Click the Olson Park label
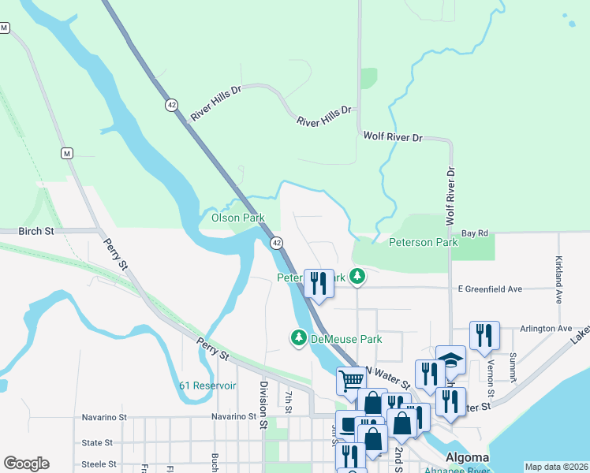coord(237,218)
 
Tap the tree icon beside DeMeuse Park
coord(299,338)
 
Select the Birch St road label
coord(37,232)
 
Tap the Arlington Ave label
coord(547,328)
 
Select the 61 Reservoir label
coord(207,385)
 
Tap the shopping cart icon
coord(351,380)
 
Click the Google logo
coord(26,463)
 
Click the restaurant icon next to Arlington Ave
coord(484,334)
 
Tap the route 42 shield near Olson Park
coord(277,243)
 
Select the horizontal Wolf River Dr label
coord(393,137)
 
